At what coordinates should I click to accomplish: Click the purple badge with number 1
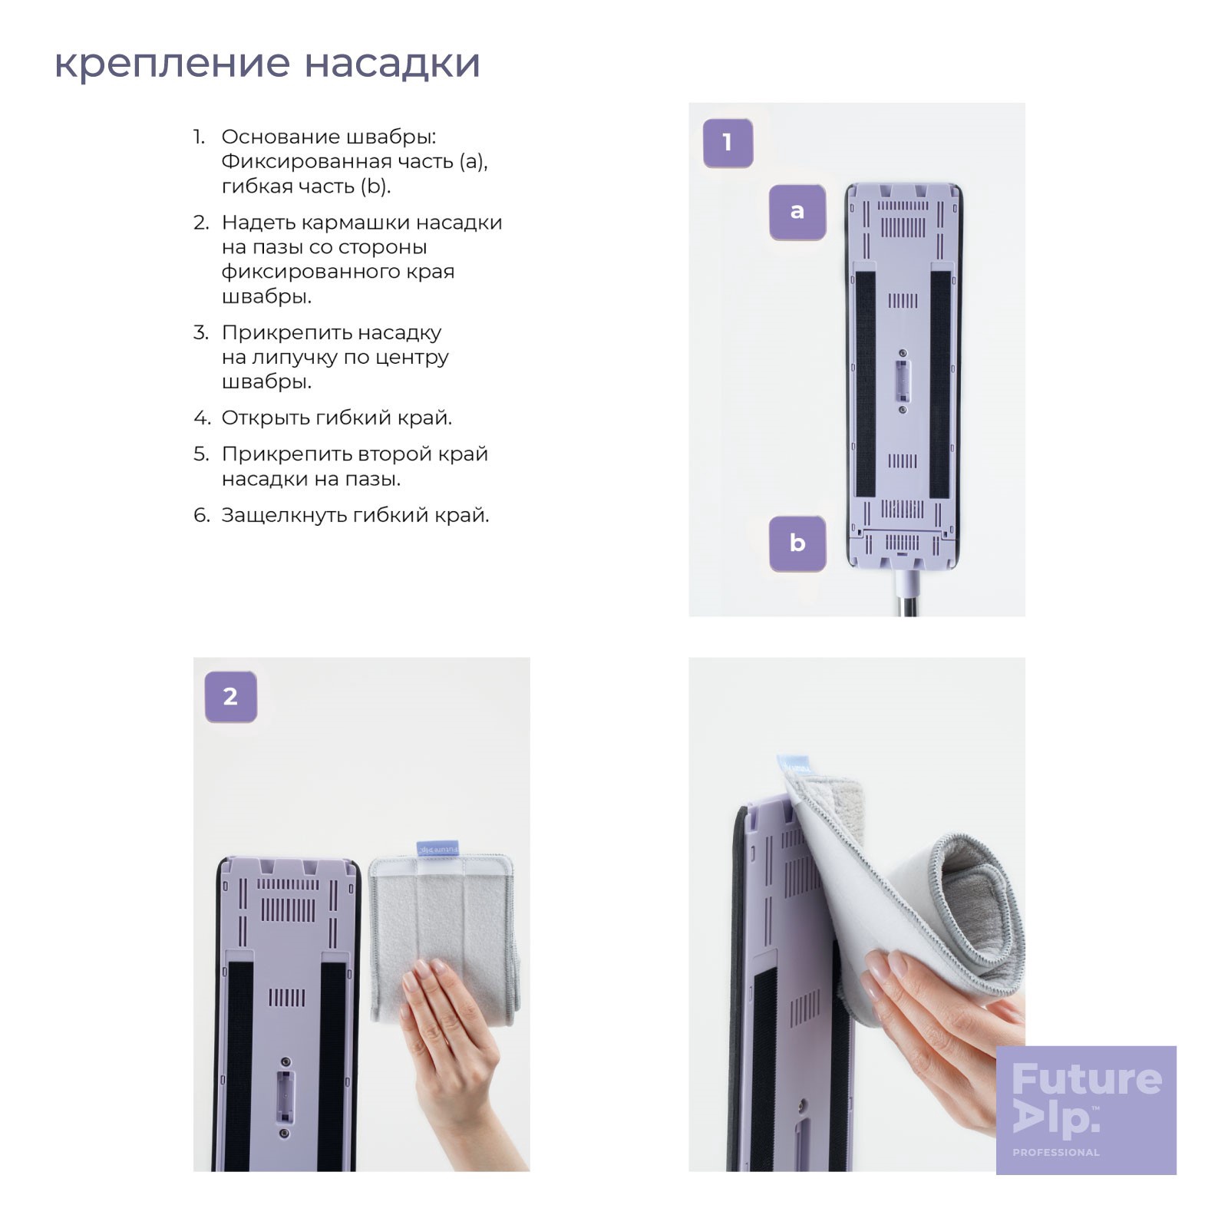(728, 143)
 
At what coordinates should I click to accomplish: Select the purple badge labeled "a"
(797, 212)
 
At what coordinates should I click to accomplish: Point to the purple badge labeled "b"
(797, 543)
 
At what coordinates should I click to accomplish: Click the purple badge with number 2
(230, 697)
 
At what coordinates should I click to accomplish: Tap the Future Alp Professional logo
(1086, 1110)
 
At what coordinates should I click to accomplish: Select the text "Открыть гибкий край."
(337, 418)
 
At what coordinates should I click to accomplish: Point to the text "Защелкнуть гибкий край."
(355, 515)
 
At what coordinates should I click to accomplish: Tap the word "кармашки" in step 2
(356, 223)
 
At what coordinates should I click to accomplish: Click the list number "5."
(201, 454)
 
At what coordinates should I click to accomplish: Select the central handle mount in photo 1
(903, 381)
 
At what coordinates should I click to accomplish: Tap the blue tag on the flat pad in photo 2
(437, 850)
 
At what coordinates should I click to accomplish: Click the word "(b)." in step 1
(375, 187)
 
